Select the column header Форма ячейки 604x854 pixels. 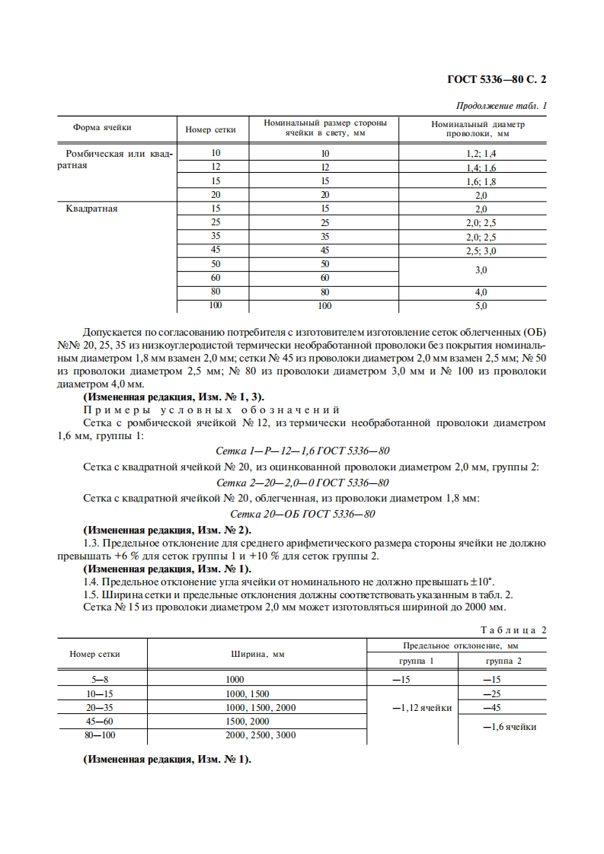coord(102,128)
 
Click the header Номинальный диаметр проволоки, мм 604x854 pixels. coord(478,128)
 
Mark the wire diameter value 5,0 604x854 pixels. coord(481,306)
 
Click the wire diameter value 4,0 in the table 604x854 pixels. coord(481,292)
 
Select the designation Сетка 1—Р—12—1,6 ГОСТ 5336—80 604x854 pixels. coord(303,451)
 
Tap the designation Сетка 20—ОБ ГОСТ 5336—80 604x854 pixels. coord(302,514)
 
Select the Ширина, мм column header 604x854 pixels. coord(257,653)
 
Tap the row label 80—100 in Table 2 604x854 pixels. coord(95,735)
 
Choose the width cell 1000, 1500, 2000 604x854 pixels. coord(260,708)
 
